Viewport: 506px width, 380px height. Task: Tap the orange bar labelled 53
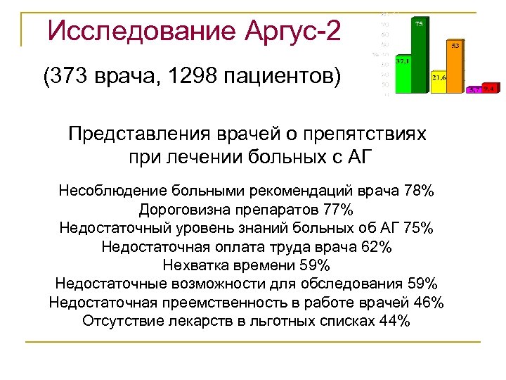pyautogui.click(x=455, y=67)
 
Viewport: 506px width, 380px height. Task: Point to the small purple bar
pyautogui.click(x=474, y=90)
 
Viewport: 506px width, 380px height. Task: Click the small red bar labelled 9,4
pyautogui.click(x=490, y=89)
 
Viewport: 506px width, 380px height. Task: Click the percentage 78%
pyautogui.click(x=420, y=191)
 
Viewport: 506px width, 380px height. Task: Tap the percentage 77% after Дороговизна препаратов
pyautogui.click(x=339, y=210)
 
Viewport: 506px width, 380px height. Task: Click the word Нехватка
pyautogui.click(x=194, y=265)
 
